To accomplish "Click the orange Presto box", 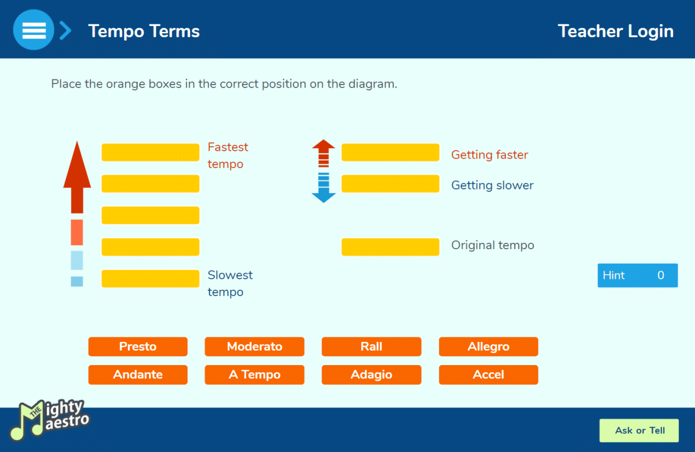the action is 138,347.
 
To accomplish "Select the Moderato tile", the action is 254,347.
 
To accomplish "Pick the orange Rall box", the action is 371,347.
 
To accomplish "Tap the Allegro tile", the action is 488,347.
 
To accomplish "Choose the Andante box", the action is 138,375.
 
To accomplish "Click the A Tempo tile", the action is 254,375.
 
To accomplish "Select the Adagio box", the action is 371,375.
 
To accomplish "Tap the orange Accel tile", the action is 488,375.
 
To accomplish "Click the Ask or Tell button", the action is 639,431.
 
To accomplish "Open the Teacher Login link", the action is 616,31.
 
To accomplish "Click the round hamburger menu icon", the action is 34,30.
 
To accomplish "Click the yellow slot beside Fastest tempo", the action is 151,152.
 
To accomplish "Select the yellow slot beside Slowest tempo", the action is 151,279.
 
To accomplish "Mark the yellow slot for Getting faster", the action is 390,152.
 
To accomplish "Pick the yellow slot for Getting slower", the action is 390,184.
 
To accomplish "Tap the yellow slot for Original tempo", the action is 390,247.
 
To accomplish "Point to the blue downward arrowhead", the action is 324,198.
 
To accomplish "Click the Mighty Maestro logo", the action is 50,420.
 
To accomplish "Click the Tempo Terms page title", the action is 144,31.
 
